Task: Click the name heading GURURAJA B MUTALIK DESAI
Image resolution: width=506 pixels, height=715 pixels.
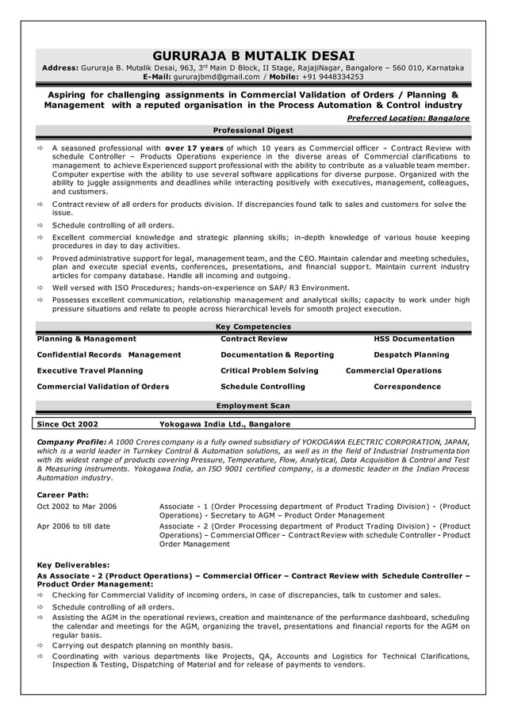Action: tap(253, 55)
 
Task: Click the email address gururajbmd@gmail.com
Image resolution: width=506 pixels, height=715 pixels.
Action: tap(217, 78)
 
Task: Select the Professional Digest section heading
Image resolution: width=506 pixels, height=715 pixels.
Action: tap(253, 130)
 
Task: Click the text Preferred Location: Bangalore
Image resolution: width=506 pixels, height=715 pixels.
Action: tap(408, 118)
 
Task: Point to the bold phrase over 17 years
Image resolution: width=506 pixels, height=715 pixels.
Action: tap(194, 147)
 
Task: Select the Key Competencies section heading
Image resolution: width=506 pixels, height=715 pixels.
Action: tap(253, 327)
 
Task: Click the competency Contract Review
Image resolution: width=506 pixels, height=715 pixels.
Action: tap(254, 339)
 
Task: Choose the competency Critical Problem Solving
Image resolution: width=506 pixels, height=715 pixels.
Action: tap(269, 371)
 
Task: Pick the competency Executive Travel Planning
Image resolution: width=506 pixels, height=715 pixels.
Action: tap(90, 371)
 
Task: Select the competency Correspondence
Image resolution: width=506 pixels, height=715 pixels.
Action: tap(407, 387)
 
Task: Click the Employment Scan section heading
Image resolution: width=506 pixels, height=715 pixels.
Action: tap(253, 406)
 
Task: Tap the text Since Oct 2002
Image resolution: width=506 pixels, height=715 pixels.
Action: tap(68, 424)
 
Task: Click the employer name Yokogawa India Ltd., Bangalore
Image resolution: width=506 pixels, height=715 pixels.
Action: tap(224, 424)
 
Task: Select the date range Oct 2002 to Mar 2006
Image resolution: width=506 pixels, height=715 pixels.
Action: tap(77, 507)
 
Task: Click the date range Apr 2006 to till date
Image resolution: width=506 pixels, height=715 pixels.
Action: tap(74, 526)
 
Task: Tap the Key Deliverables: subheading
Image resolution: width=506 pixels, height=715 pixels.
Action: tap(74, 564)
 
